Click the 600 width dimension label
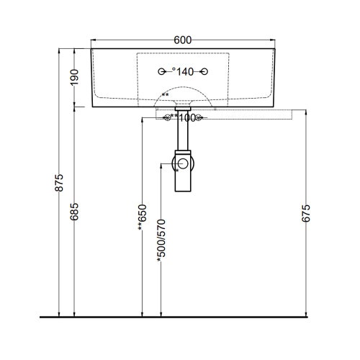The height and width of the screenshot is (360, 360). pos(183,40)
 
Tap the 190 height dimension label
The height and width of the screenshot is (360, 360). pos(74,77)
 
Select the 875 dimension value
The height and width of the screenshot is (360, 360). pos(59,183)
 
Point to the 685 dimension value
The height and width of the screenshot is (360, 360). pos(74,212)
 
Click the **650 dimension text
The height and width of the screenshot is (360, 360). pos(142,217)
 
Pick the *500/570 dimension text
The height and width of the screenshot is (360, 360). pos(161,240)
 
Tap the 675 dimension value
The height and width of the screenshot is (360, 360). pos(306,213)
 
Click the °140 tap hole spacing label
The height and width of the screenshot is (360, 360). pos(183,71)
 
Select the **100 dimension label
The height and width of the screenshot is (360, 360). pos(184,118)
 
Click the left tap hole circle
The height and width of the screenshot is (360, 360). pos(161,71)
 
